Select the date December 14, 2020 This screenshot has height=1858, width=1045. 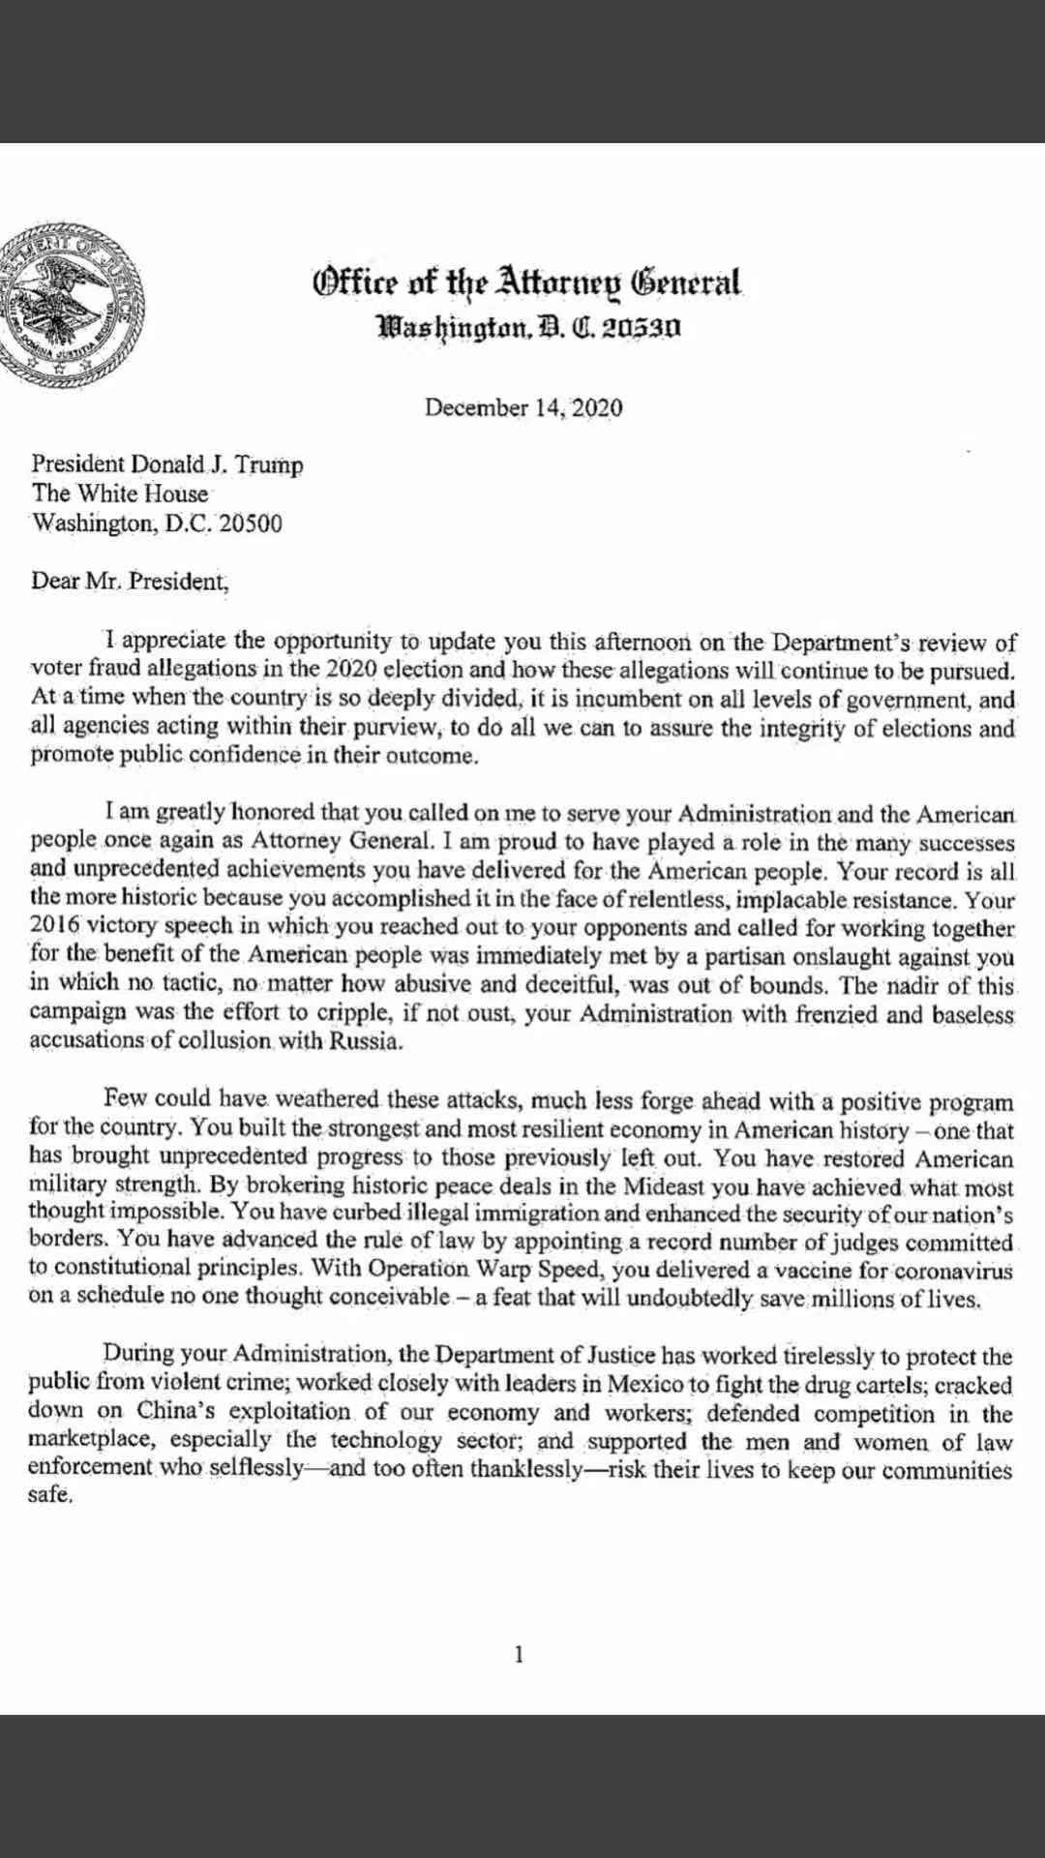[x=523, y=407]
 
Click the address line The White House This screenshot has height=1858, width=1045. [x=120, y=494]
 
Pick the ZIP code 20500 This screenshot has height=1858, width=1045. [x=251, y=524]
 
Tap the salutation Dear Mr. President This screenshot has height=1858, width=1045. [x=131, y=582]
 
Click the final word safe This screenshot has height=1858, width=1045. [x=49, y=1495]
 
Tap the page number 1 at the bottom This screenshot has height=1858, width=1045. [x=519, y=1654]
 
